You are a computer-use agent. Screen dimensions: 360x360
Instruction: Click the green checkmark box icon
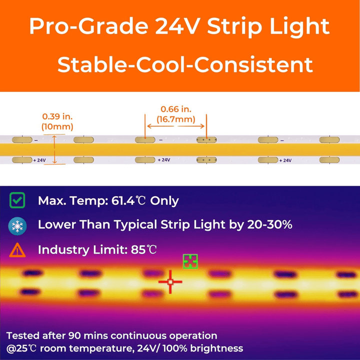17,201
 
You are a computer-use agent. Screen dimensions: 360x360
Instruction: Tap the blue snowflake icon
17,225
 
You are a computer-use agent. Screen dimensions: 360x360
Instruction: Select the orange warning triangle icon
17,249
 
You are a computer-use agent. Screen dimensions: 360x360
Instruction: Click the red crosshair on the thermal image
170,282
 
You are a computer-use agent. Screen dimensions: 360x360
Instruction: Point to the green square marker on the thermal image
190,261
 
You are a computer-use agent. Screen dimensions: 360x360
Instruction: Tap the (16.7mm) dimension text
175,119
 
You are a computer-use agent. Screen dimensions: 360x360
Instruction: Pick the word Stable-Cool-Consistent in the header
185,64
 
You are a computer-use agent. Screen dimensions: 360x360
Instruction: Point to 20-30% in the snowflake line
270,225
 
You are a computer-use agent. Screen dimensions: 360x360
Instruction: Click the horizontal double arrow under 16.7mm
175,127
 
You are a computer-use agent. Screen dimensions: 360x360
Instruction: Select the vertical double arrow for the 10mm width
55,148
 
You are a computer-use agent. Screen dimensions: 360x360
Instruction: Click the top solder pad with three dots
205,140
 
